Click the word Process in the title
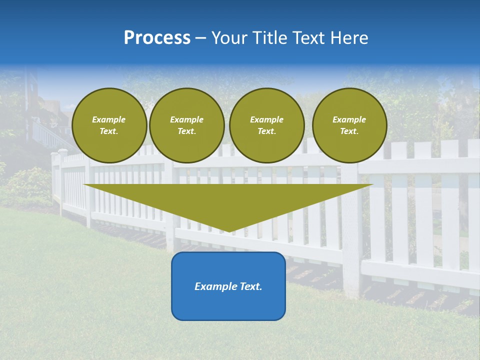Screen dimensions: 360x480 [x=157, y=38]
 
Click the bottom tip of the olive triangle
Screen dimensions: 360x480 [x=229, y=230]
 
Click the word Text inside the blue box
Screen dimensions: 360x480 [x=251, y=286]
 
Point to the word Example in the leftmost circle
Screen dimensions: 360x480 [x=109, y=119]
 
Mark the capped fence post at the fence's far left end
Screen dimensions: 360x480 [x=62, y=180]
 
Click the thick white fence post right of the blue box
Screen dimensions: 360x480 [x=352, y=235]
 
